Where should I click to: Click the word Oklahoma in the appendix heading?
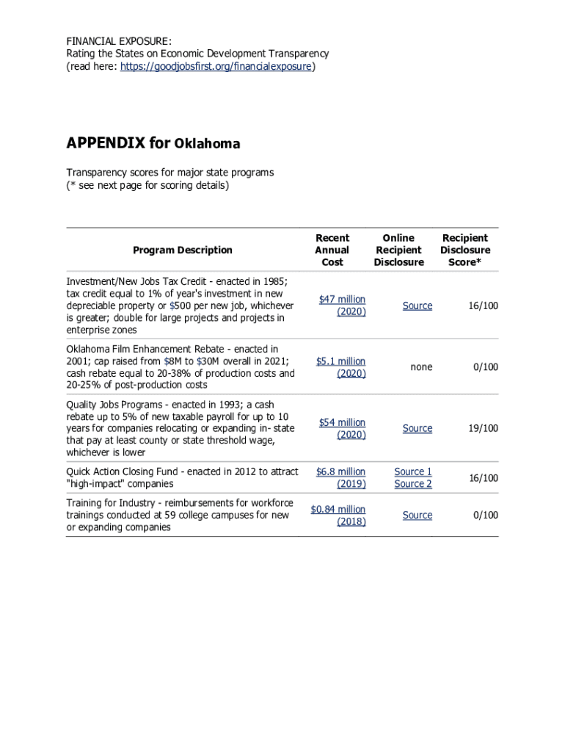tap(207, 144)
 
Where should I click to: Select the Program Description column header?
tap(183, 250)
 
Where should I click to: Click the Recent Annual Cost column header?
tap(332, 250)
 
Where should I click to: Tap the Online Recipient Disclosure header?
tap(398, 250)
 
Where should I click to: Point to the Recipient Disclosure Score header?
tap(465, 250)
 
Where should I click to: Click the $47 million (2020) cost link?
tap(342, 305)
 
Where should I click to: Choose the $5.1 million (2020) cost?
tap(340, 367)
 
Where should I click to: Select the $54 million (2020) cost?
tap(342, 428)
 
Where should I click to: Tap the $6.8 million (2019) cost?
tap(340, 478)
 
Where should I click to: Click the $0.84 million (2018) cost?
tap(338, 516)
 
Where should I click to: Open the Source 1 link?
tap(413, 472)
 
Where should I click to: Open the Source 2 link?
tap(413, 484)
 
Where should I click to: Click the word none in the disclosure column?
tap(422, 367)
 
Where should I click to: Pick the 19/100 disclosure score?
tap(484, 428)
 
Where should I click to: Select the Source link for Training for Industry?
tap(418, 516)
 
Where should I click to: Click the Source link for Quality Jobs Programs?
tap(418, 428)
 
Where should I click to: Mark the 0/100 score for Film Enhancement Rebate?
tap(486, 367)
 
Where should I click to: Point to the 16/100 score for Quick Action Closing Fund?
tap(484, 478)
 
